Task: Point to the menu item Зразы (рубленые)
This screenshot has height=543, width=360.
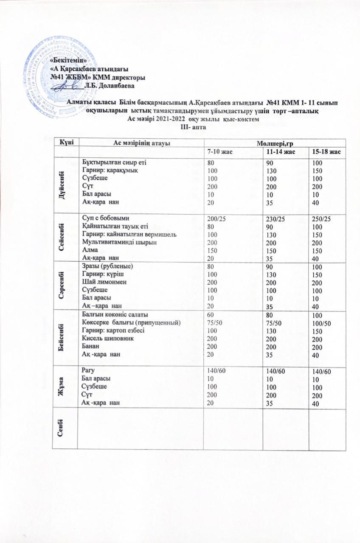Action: (x=107, y=266)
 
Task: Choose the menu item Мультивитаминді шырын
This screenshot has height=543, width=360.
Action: (x=115, y=242)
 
